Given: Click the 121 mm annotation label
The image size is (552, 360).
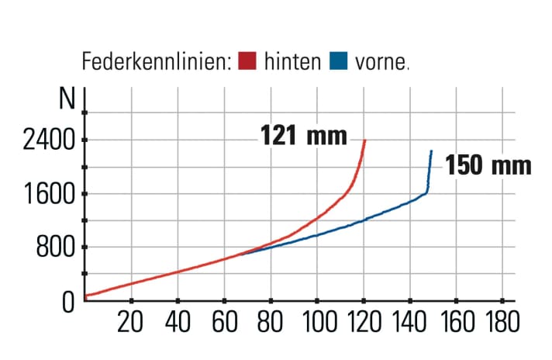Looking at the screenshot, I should pos(302,136).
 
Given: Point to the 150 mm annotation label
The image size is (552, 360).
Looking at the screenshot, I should pos(488,165).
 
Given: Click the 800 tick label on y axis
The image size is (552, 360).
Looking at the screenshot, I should pos(54,248).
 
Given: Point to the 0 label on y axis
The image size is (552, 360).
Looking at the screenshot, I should pos(68,301).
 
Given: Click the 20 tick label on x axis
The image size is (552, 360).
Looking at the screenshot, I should pos(130,322).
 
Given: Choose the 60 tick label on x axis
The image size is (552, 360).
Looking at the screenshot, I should pos(224,322).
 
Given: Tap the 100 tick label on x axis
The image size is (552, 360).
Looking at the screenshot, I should pos(317,322).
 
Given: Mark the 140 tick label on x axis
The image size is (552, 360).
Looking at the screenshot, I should pos(410,322).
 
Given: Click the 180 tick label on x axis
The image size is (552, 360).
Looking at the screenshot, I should pos(502,322).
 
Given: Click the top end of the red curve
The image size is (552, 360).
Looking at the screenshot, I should pos(364,140).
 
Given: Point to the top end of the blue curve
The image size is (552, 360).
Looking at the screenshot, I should pos(431,151).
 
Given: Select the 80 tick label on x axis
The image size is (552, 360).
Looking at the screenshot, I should pos(271,322).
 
